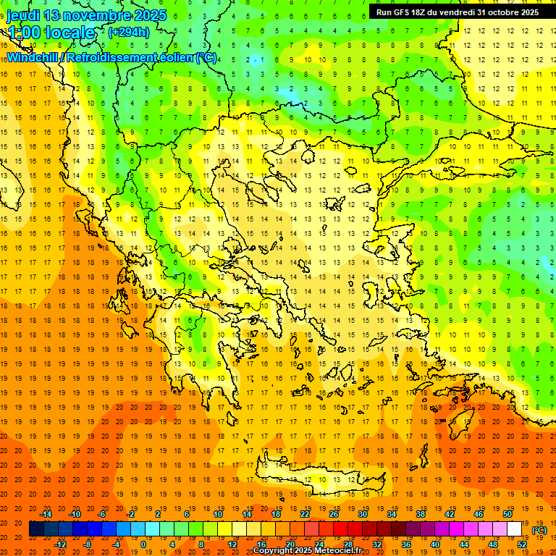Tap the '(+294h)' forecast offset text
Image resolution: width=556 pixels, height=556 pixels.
[x=129, y=32]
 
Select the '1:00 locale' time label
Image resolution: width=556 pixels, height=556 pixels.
[x=51, y=32]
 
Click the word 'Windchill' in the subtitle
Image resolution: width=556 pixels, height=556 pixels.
[x=33, y=57]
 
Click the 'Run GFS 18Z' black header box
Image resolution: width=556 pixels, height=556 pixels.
[x=457, y=12]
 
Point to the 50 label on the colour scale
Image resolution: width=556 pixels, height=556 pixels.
[x=507, y=514]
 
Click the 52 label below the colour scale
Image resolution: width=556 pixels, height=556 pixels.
[x=522, y=544]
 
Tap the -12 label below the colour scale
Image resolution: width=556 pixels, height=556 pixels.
[x=61, y=544]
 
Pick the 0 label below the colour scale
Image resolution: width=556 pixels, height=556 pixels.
[x=143, y=544]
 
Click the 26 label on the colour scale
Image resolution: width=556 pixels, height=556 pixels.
[x=334, y=514]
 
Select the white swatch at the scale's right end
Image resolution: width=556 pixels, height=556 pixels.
[x=515, y=529]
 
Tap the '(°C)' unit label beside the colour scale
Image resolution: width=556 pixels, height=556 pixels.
[x=539, y=530]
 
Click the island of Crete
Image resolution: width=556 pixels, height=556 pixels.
[x=319, y=478]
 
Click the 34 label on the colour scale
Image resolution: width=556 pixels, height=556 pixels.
[x=392, y=514]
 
